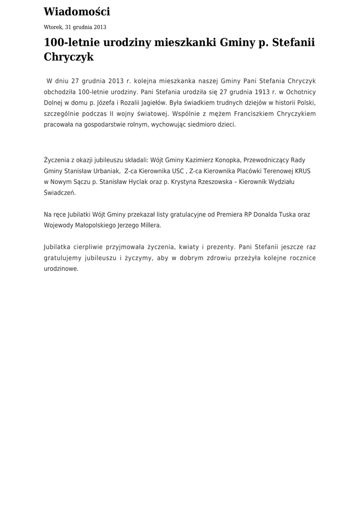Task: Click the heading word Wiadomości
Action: [77, 12]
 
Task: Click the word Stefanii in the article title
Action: [292, 43]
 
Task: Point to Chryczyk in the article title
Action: [69, 57]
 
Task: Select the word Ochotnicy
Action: [299, 92]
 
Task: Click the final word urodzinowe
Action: [61, 268]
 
